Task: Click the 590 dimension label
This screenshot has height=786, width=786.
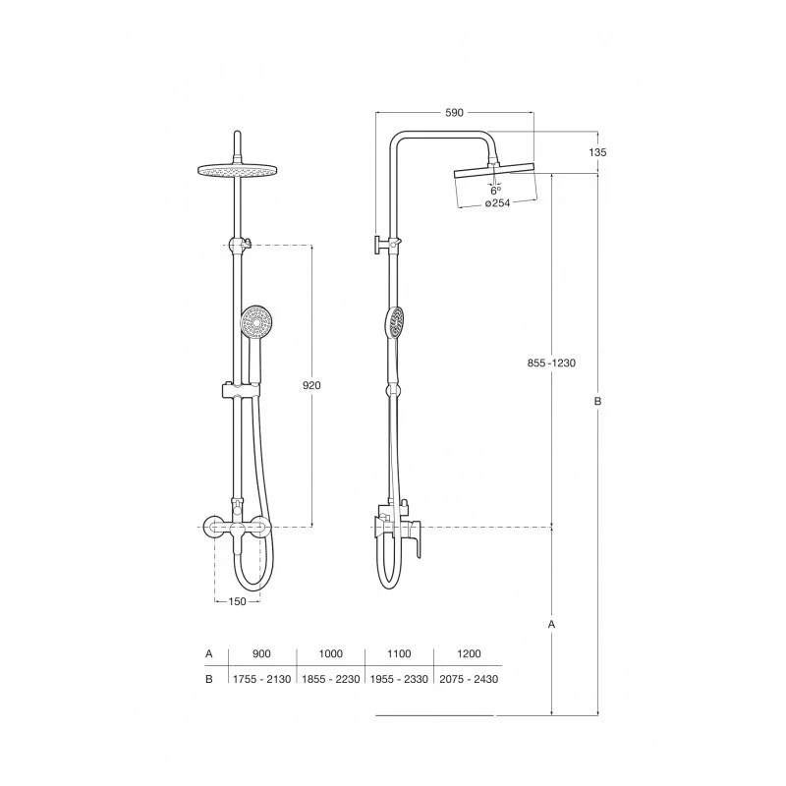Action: tap(454, 113)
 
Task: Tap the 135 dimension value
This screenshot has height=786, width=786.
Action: tap(597, 152)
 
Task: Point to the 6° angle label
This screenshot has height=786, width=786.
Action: tap(495, 191)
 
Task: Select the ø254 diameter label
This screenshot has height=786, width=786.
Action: tap(497, 203)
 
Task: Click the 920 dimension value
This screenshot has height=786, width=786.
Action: tap(311, 385)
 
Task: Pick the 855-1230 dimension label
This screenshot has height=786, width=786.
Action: tap(551, 363)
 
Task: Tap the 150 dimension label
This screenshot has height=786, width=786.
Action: tap(237, 601)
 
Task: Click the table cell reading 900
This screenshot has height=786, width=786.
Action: tap(261, 653)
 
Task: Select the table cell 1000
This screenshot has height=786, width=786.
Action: tap(331, 653)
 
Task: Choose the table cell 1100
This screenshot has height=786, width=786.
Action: tap(399, 653)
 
